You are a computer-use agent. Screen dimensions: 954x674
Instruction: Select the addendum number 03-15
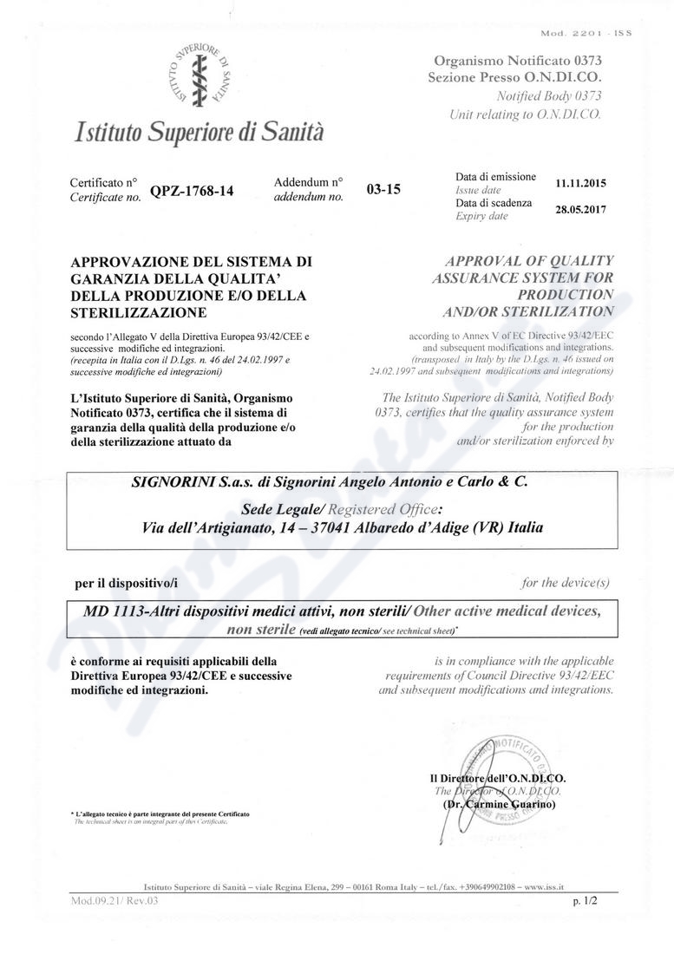click(383, 189)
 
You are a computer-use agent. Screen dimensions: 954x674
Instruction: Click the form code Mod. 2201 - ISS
click(586, 34)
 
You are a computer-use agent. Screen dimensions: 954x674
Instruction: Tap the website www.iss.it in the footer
click(545, 887)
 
